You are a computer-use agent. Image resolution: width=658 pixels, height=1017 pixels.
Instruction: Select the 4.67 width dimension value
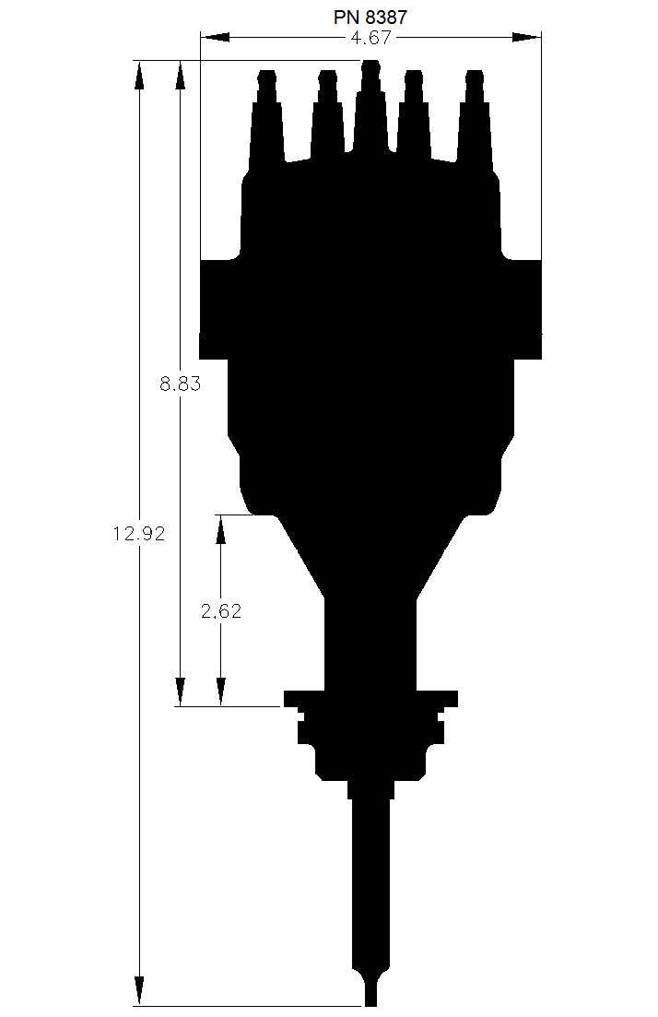pos(370,38)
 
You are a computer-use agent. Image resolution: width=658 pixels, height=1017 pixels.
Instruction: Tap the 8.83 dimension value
pos(180,384)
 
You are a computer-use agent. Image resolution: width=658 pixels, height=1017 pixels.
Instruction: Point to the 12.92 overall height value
pos(140,533)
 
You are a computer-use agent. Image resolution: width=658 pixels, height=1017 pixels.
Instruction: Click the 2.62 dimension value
pos(221,610)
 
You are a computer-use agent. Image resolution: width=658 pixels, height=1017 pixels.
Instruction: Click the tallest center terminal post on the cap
pos(370,101)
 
